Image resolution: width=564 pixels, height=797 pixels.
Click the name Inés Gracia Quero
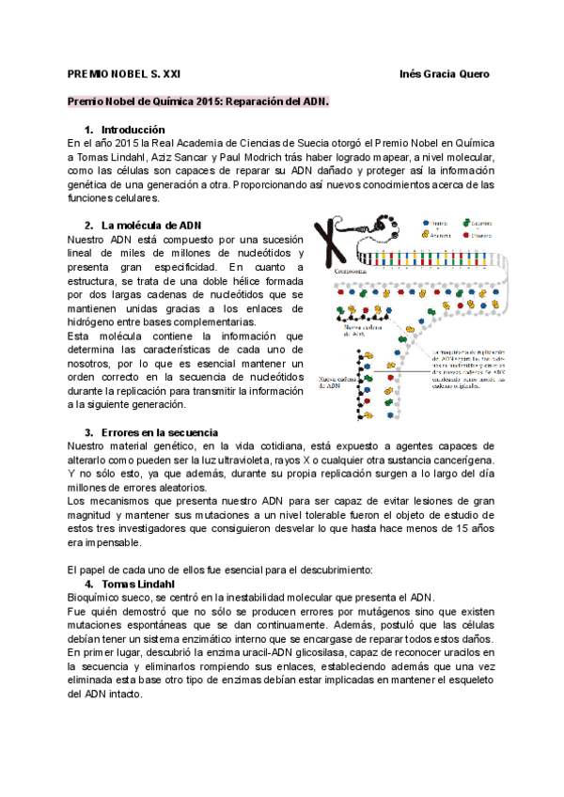pyautogui.click(x=444, y=74)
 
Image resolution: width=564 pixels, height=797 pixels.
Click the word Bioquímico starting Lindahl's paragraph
pyautogui.click(x=99, y=597)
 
